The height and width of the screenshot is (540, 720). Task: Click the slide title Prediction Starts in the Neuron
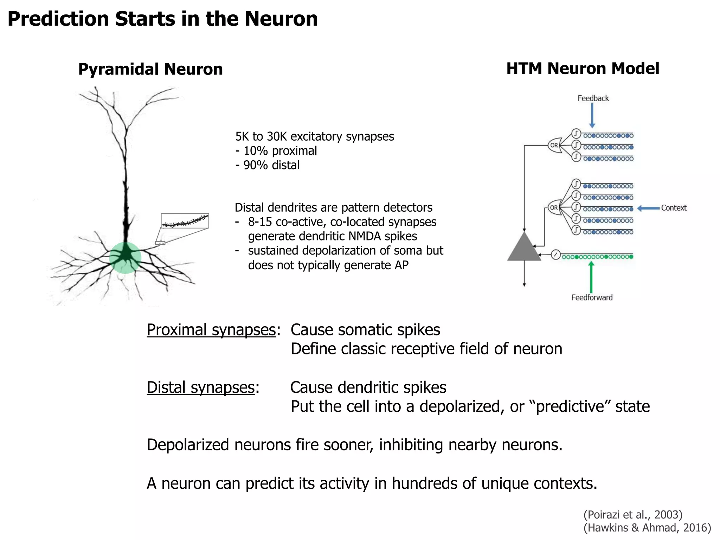[x=162, y=19]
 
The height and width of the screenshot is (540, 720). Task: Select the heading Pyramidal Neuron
[x=150, y=69]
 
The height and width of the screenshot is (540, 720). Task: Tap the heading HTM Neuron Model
[x=583, y=68]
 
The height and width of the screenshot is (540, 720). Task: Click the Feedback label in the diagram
[x=593, y=98]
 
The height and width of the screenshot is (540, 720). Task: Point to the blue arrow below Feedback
[x=592, y=115]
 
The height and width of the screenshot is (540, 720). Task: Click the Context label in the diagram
[x=674, y=208]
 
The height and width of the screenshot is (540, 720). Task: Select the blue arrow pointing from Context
[x=648, y=208]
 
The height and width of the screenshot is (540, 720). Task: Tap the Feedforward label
[x=592, y=297]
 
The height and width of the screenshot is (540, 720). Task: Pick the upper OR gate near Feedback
[x=554, y=145]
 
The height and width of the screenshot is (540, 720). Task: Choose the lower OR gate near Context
[x=554, y=207]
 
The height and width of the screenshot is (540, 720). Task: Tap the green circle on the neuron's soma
[x=125, y=258]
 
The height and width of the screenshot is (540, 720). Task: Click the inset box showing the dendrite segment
[x=185, y=221]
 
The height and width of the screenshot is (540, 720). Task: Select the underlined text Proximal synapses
[x=211, y=330]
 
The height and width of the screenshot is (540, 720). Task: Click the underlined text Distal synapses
[x=200, y=387]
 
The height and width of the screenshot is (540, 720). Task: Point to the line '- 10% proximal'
[x=276, y=151]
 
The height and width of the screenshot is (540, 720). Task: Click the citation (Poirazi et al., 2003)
[x=633, y=515]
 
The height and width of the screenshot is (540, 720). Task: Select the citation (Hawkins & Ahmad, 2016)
[x=647, y=528]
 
